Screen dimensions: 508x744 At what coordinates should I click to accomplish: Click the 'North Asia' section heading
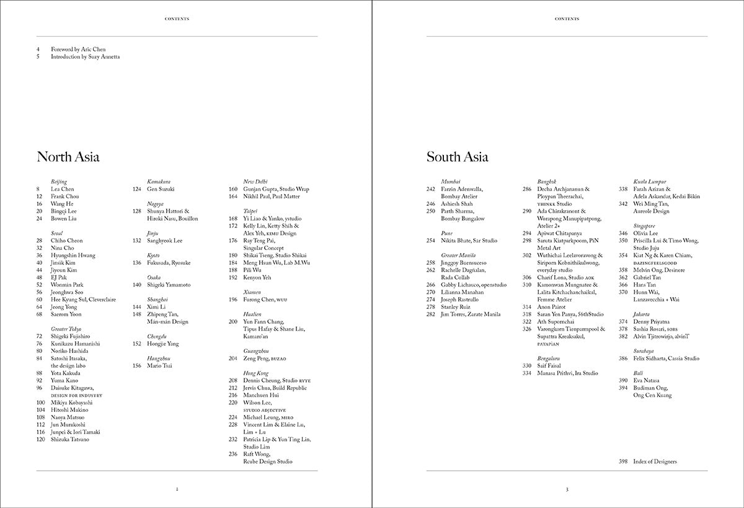[68, 157]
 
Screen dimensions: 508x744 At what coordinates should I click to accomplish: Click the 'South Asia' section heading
[457, 157]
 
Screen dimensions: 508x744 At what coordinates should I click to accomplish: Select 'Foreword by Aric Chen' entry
[82, 49]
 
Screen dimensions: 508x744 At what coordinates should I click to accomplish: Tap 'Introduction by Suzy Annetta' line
[85, 56]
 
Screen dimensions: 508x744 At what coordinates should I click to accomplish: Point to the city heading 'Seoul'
[58, 233]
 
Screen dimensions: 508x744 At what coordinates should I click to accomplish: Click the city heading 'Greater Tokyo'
[66, 329]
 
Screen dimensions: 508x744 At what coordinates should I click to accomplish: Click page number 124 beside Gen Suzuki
[137, 189]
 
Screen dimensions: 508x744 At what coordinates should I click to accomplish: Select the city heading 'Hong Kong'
[255, 373]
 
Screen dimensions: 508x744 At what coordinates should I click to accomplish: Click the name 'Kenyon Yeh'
[257, 277]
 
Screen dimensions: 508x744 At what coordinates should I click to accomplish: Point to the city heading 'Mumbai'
[451, 181]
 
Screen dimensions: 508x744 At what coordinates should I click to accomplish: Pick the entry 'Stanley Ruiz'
[456, 306]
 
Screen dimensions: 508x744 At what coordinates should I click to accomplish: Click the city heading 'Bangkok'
[547, 181]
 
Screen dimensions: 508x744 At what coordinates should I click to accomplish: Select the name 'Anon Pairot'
[552, 306]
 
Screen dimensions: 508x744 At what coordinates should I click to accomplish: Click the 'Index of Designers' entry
[655, 461]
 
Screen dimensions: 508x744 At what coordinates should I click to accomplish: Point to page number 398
[623, 461]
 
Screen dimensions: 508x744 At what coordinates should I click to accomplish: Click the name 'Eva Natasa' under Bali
[647, 380]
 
